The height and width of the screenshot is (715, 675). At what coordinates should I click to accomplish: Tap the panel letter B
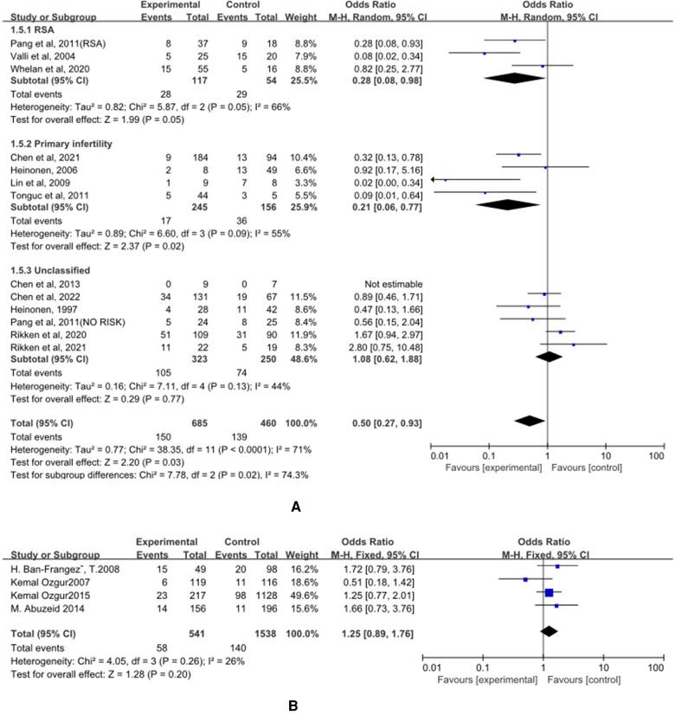pos(294,705)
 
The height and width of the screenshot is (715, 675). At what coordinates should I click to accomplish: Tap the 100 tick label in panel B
pos(656,668)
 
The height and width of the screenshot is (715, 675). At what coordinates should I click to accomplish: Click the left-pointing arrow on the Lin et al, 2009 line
pos(434,178)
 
